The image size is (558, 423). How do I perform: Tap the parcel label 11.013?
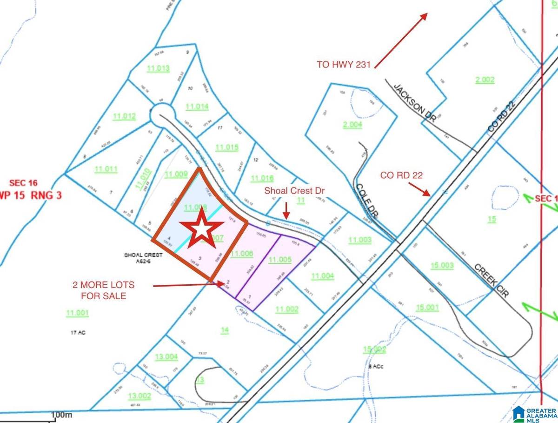click(x=158, y=69)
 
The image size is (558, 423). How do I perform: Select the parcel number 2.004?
click(x=352, y=124)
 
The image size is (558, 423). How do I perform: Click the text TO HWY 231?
click(x=344, y=65)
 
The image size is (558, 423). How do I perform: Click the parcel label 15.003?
click(x=442, y=265)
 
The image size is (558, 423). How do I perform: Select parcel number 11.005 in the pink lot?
click(x=280, y=260)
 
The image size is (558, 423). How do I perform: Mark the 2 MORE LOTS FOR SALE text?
click(x=104, y=290)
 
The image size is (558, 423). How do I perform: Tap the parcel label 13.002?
click(x=140, y=396)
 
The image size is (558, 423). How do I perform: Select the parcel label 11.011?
click(x=106, y=169)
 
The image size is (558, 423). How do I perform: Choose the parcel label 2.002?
click(x=485, y=80)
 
